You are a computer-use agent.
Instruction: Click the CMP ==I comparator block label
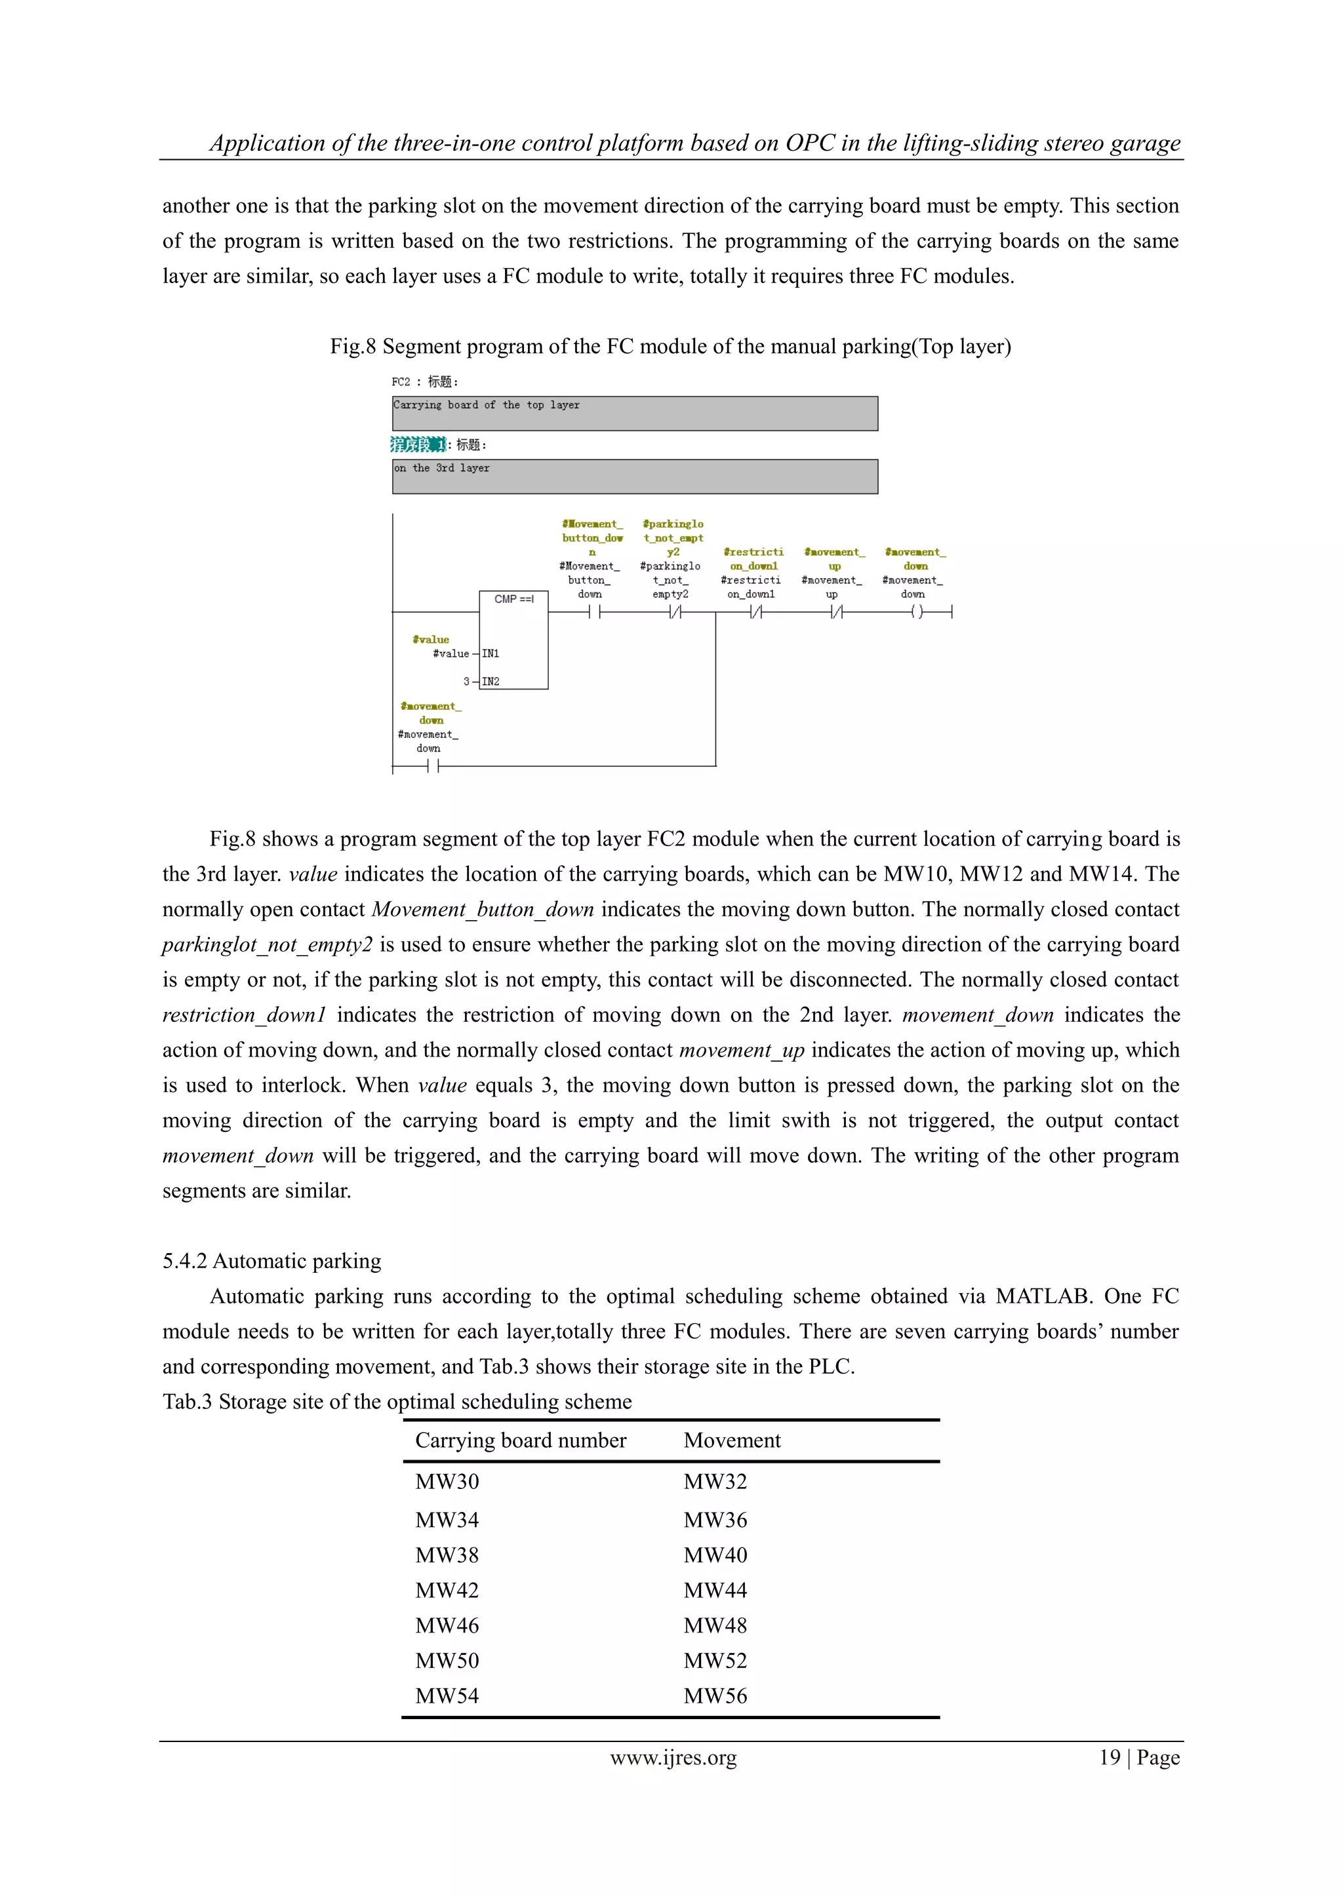(x=513, y=598)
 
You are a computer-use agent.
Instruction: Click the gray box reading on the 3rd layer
(x=634, y=476)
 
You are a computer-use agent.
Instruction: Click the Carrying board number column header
(x=520, y=1440)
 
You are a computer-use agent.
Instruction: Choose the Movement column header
(x=732, y=1440)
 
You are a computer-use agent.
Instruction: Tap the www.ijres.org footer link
(x=673, y=1758)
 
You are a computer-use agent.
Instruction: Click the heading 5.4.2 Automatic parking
(x=272, y=1261)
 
